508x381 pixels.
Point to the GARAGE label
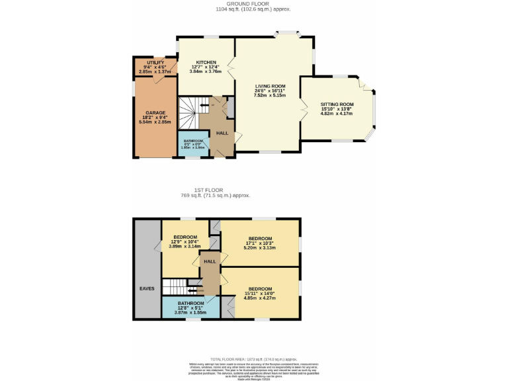(x=155, y=113)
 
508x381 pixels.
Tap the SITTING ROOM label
(x=337, y=105)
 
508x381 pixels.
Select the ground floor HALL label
(x=222, y=132)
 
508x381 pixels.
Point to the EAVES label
(x=147, y=288)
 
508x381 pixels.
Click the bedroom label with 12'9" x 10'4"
(x=185, y=237)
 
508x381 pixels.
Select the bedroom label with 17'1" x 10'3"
(x=260, y=239)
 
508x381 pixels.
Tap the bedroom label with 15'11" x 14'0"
(x=260, y=289)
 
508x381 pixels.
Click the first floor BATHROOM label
(x=191, y=304)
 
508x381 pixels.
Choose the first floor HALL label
(x=210, y=262)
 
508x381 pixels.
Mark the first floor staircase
(x=178, y=286)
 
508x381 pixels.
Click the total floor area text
(x=253, y=357)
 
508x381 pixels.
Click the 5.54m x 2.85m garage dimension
(x=155, y=122)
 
